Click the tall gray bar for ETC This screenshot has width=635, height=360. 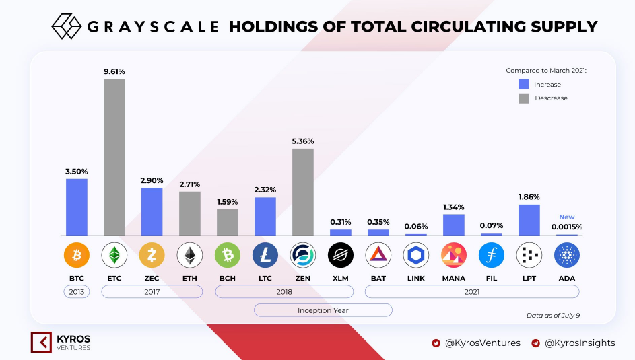point(114,157)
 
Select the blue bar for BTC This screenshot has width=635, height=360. point(77,207)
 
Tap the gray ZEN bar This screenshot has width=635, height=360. point(303,192)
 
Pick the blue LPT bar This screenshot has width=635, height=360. point(529,220)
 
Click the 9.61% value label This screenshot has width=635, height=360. point(114,71)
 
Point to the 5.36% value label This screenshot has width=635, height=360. point(303,141)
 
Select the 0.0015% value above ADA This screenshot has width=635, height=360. point(566,227)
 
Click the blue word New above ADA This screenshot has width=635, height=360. point(566,217)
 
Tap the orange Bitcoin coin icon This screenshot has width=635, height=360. point(77,255)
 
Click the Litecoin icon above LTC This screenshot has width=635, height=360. point(265,255)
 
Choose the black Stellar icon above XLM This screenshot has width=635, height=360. point(341,255)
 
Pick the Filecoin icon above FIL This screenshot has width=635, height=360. point(492,255)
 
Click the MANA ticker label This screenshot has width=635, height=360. point(454,279)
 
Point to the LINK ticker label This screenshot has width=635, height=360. point(416,279)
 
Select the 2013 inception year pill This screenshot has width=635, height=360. point(77,291)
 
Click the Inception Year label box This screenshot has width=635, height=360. point(323,310)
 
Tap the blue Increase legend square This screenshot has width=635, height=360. point(524,84)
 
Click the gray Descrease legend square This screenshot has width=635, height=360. point(524,98)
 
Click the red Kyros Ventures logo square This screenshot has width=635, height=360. point(41,343)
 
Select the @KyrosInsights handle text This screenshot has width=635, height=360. point(580,343)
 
